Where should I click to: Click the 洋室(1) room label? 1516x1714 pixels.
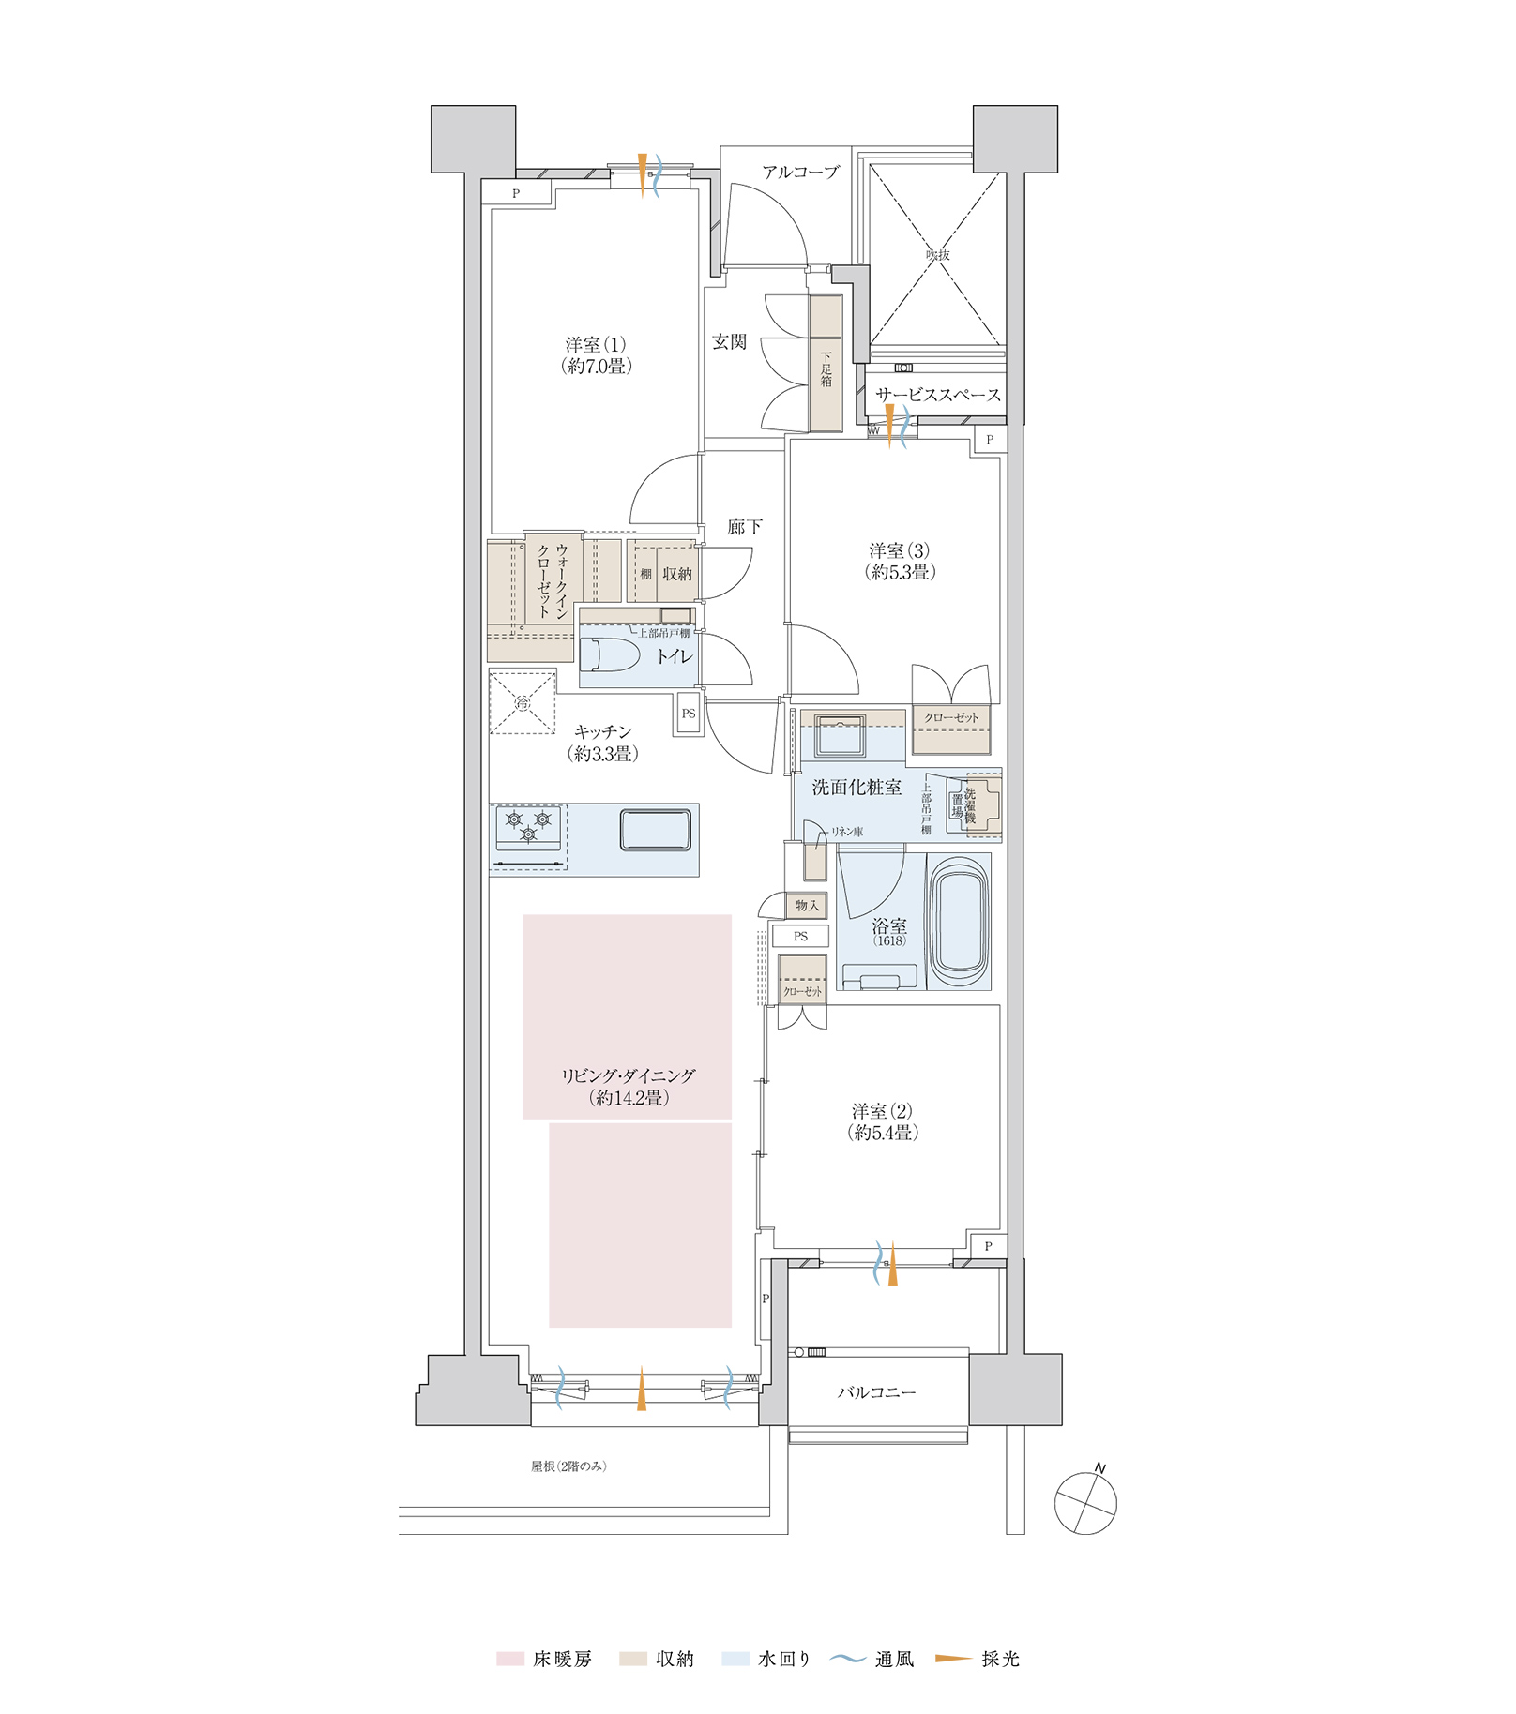[x=596, y=355]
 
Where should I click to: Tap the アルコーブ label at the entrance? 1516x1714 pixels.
[x=800, y=173]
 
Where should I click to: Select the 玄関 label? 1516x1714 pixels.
[x=729, y=342]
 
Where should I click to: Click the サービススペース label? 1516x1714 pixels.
[x=937, y=396]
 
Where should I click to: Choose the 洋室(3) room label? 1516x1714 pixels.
[x=899, y=561]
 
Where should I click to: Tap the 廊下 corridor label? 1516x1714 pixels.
[x=745, y=527]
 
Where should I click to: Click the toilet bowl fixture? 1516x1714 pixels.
[x=609, y=654]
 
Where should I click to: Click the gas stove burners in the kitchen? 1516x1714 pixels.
[x=528, y=826]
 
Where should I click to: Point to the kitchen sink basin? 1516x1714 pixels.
[x=655, y=830]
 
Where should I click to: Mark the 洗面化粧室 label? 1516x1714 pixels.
[x=857, y=788]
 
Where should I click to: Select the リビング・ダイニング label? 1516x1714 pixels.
[x=629, y=1087]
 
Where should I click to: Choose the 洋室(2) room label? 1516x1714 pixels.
[x=882, y=1121]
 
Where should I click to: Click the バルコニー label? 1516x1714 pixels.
[x=876, y=1393]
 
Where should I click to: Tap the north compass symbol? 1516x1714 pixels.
[x=1085, y=1503]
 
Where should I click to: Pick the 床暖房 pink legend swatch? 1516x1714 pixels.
[x=509, y=1660]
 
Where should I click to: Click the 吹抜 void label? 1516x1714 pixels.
[x=937, y=255]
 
